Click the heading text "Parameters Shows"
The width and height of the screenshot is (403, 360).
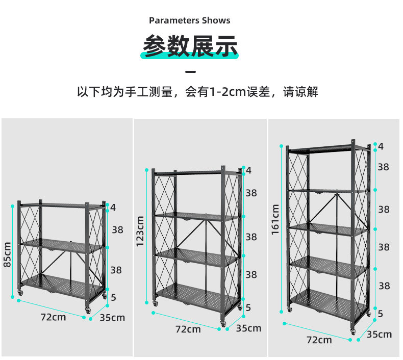(190, 21)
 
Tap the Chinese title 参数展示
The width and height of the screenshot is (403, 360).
(190, 46)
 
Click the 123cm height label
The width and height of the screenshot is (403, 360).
(140, 231)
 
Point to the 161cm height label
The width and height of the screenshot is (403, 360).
(276, 220)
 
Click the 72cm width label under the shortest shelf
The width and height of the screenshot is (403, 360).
(54, 317)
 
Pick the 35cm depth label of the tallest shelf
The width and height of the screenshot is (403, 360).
(380, 335)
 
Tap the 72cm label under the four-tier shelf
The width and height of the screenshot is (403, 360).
(188, 329)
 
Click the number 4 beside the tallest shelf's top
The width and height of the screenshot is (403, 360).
(381, 146)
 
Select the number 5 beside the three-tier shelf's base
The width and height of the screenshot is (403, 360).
(113, 296)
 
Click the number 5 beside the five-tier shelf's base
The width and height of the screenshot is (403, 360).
(380, 313)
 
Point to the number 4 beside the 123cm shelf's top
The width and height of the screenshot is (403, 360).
(248, 170)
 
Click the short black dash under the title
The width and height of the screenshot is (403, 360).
(190, 71)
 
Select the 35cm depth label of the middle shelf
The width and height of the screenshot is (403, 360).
(248, 328)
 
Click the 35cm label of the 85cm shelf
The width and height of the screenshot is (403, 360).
(112, 318)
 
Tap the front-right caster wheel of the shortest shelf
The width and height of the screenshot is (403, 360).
(87, 311)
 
